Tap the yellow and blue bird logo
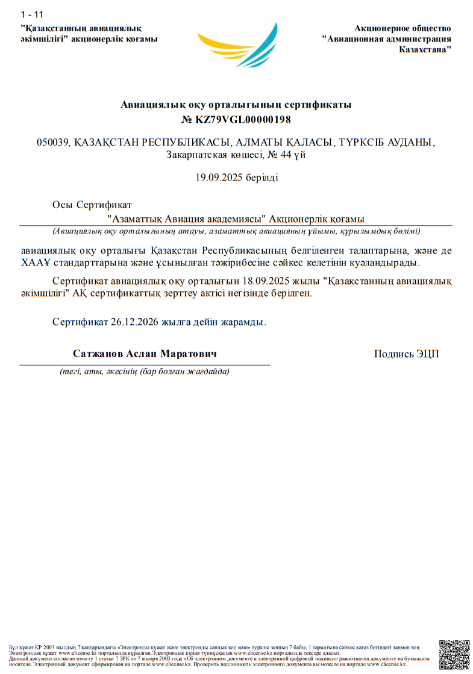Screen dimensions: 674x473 point(238,45)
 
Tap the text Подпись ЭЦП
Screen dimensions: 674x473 point(407,354)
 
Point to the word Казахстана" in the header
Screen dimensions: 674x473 point(425,49)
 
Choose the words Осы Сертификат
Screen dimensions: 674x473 point(92,205)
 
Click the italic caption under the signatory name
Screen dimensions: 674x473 point(145,371)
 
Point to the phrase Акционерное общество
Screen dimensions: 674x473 point(403,28)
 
